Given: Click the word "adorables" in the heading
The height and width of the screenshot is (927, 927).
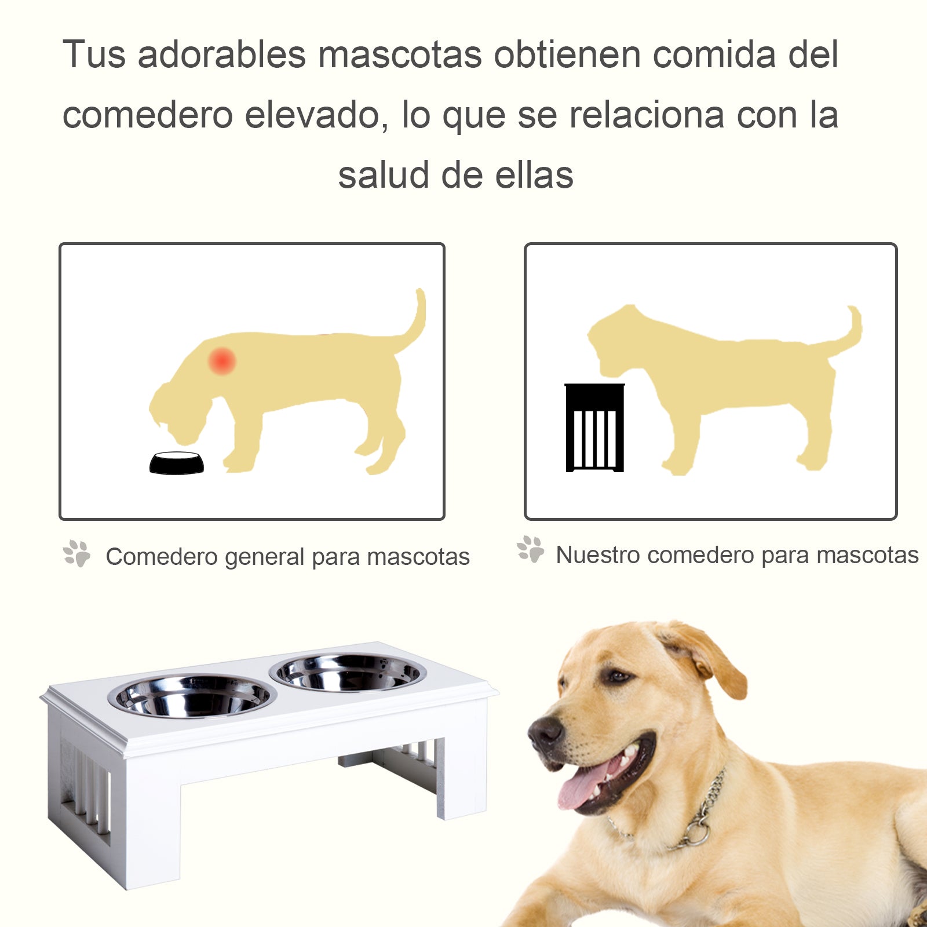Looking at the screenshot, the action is [x=222, y=54].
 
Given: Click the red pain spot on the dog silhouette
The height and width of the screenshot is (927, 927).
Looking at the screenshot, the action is [x=222, y=361].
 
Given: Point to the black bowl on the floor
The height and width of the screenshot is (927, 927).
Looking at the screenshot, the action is [x=177, y=463].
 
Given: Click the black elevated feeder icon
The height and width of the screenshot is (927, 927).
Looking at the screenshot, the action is [x=594, y=428].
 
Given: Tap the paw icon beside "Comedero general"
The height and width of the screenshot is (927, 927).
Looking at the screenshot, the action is [x=77, y=553].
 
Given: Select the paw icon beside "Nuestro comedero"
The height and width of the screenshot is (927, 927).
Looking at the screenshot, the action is [x=531, y=549].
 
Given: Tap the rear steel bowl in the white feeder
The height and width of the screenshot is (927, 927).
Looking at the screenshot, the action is [x=348, y=673].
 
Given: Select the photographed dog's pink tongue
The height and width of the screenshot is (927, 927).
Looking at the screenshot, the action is [x=585, y=784].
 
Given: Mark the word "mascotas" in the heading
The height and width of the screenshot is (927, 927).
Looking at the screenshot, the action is [x=400, y=54].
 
